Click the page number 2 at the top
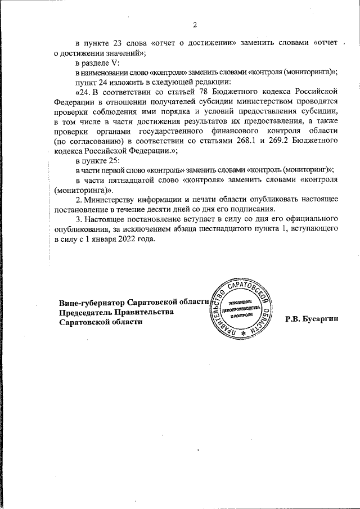point(195,25)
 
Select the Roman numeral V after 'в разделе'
point(115,63)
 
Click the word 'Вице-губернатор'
point(92,302)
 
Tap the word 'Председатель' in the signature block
point(85,312)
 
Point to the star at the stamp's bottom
point(244,334)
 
